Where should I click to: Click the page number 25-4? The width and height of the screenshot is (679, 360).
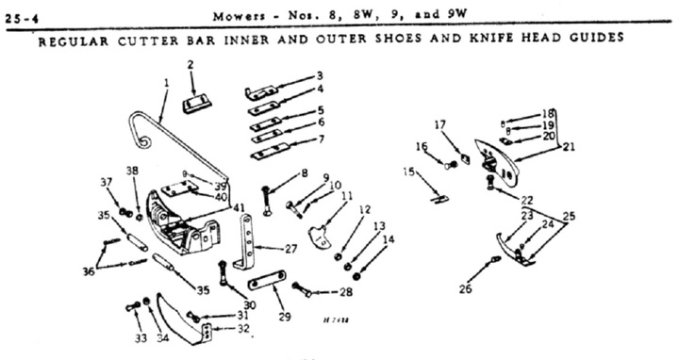[x=18, y=15]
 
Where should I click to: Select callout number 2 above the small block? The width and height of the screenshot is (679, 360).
[x=190, y=64]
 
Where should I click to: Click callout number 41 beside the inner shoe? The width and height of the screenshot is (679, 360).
[x=240, y=206]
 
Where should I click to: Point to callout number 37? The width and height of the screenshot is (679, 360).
[x=106, y=181]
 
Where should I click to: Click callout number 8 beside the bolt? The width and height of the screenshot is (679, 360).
[x=304, y=173]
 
